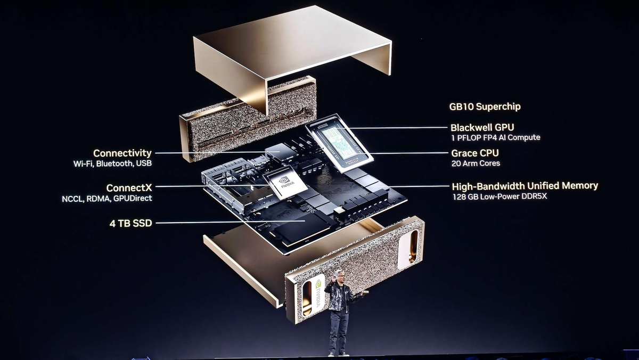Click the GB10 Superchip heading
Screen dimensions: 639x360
[485, 107]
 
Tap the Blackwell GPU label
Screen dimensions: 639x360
[482, 127]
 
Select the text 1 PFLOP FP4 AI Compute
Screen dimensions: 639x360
[496, 137]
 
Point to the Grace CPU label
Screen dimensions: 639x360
[475, 153]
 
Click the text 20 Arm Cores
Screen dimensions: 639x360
[476, 163]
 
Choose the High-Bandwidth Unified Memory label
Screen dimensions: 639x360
[525, 186]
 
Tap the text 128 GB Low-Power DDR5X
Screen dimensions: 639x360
[500, 197]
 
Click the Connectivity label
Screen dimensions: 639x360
[122, 153]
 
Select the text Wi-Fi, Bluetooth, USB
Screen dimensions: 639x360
[113, 163]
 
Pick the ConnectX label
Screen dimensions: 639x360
[129, 188]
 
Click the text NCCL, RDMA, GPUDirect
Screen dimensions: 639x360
[107, 199]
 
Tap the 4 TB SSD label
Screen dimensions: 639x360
[130, 223]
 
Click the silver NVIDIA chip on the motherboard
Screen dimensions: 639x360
[285, 183]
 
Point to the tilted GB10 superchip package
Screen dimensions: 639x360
[339, 143]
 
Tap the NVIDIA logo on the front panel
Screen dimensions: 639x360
[318, 294]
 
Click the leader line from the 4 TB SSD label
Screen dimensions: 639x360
[230, 222]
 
